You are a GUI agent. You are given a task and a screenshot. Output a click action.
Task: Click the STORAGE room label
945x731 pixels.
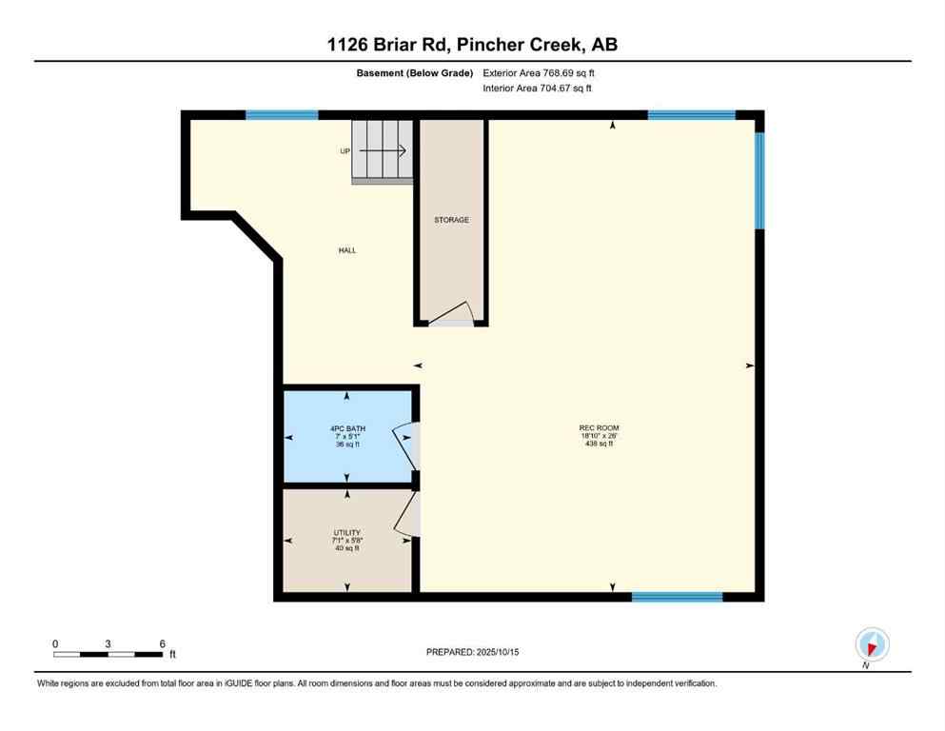coord(451,220)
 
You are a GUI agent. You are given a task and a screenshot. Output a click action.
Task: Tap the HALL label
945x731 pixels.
coord(347,250)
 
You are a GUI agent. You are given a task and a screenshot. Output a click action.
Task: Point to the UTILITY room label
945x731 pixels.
coord(346,533)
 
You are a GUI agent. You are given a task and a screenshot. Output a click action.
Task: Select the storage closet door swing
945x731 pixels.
coord(452,315)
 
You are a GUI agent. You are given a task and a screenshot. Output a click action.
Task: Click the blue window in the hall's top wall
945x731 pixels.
coord(282,115)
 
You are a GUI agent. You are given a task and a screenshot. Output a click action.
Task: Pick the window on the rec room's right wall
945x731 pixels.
coord(758,180)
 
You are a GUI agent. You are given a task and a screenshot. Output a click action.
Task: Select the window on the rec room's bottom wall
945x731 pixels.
coord(677,597)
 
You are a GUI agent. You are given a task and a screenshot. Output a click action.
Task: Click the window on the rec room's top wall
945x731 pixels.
coord(691,115)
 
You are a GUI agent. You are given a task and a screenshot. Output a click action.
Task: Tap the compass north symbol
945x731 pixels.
coord(872,643)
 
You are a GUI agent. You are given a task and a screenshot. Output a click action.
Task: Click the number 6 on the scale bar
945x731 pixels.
coord(162,643)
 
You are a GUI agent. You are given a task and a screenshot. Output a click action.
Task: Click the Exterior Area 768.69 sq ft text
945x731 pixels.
coord(540,72)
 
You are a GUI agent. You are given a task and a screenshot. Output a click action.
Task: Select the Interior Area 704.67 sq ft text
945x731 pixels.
coord(538,89)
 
